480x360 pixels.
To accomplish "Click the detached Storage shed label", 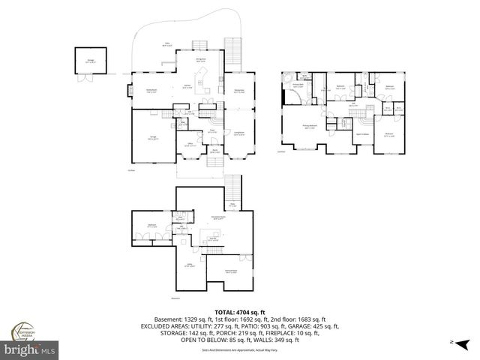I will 91,61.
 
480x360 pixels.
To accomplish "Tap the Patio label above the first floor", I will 167,43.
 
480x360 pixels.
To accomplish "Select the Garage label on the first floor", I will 153,136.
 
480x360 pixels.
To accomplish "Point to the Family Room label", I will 150,92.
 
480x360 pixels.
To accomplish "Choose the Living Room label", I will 241,134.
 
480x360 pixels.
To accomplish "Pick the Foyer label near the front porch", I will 212,132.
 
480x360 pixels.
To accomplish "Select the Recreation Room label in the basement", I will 220,217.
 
